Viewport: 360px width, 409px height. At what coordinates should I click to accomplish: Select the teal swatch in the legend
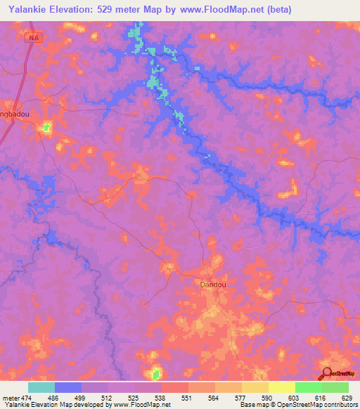(x=41, y=387)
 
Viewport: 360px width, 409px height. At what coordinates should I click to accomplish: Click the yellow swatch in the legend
(x=282, y=387)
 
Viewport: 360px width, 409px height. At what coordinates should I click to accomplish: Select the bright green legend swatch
(x=309, y=387)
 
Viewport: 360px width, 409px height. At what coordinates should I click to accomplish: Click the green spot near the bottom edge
(x=155, y=373)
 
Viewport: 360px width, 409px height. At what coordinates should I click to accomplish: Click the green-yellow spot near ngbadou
(x=46, y=127)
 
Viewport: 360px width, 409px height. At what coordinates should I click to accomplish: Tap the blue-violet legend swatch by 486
(x=68, y=387)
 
